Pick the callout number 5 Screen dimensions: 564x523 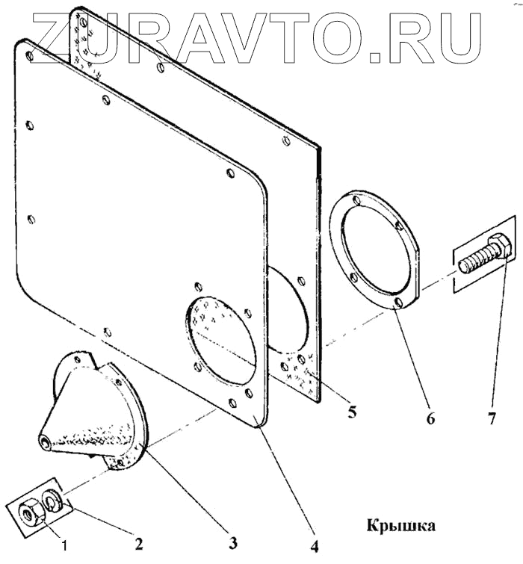coord(352,411)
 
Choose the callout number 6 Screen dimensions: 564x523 coord(430,418)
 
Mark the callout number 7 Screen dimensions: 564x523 coord(491,418)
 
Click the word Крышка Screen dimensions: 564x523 coord(400,526)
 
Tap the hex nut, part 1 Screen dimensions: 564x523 coord(28,515)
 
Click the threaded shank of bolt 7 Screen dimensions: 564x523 coord(473,260)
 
